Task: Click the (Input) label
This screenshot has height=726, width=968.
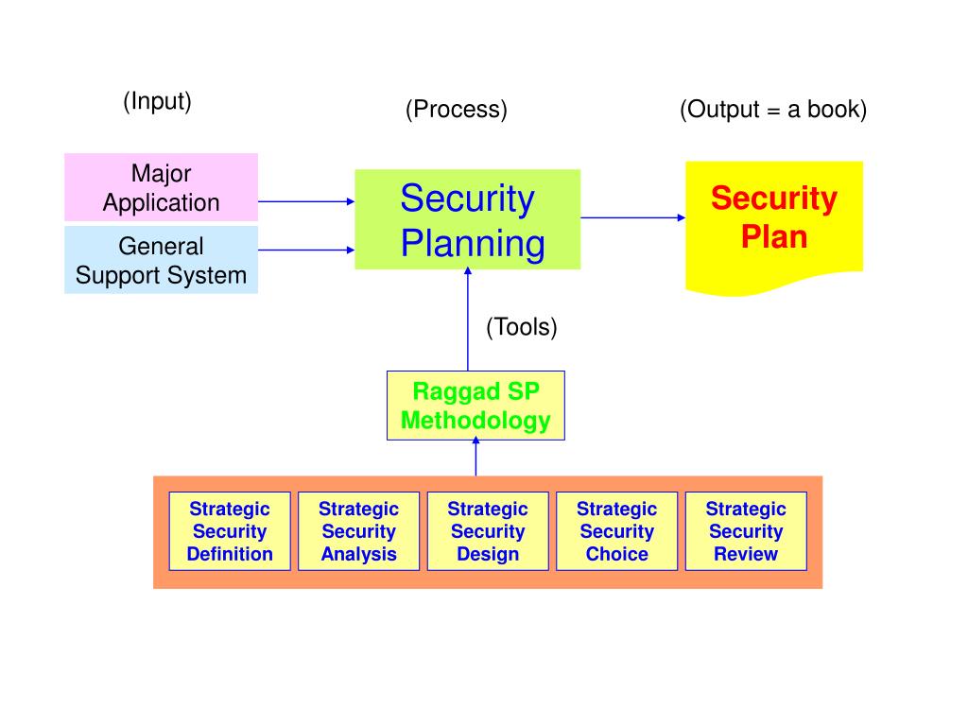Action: tap(157, 101)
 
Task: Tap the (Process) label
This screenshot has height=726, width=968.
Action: tap(457, 110)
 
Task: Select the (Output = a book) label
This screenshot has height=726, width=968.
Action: tap(772, 110)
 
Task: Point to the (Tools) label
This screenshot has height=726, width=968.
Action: tap(522, 327)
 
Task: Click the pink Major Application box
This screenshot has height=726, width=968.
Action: tap(161, 187)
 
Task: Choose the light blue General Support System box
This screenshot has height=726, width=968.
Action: tap(161, 260)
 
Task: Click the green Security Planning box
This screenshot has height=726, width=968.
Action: tap(467, 219)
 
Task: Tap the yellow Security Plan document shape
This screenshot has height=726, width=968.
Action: tap(773, 222)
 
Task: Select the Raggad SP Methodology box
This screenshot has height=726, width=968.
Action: tap(475, 406)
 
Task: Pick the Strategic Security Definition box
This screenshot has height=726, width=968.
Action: tap(230, 531)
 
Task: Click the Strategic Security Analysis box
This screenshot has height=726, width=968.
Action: tap(358, 531)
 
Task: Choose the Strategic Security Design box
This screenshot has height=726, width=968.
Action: tap(488, 531)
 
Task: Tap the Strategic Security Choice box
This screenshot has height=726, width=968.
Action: tap(616, 531)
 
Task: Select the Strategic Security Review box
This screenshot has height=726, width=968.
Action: tap(746, 531)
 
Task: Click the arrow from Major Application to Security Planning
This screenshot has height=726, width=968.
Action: tap(305, 201)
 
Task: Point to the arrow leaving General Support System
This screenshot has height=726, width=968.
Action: tap(305, 251)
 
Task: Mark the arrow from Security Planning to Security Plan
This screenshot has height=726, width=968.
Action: tap(632, 217)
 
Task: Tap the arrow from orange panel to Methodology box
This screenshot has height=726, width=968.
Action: tap(475, 458)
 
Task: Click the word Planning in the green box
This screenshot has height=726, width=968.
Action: tap(473, 244)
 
